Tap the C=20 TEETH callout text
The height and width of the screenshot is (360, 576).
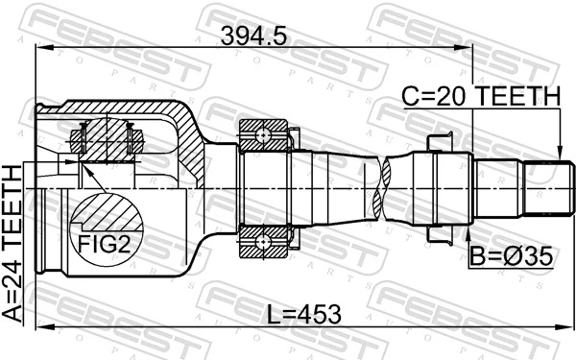pos(480,96)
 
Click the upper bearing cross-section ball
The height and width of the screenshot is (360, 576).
pos(260,135)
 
